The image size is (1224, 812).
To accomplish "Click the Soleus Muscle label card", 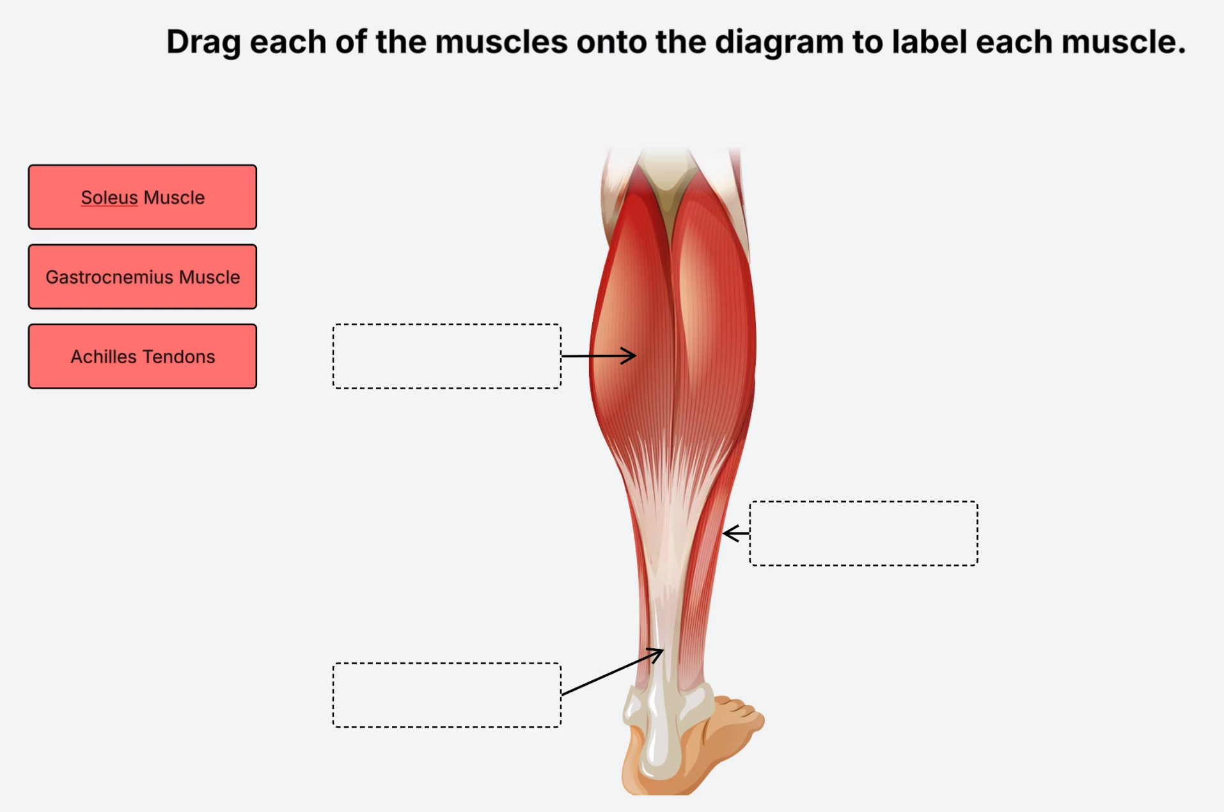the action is tap(143, 197).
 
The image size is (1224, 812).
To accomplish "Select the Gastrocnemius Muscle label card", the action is tap(143, 277).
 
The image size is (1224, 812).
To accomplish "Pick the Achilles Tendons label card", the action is tap(143, 356).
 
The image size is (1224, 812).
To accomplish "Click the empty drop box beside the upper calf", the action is tap(447, 356).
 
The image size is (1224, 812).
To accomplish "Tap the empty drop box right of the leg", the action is tap(864, 533).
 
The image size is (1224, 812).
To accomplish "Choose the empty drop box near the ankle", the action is tap(447, 695).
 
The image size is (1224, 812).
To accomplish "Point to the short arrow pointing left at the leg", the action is tap(736, 533).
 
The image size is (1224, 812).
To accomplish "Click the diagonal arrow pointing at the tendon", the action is tap(613, 671).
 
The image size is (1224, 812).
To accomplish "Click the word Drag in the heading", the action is tap(203, 42).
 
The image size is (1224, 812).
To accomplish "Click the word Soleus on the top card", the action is tap(109, 198).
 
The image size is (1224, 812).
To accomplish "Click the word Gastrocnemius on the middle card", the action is tap(109, 277).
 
